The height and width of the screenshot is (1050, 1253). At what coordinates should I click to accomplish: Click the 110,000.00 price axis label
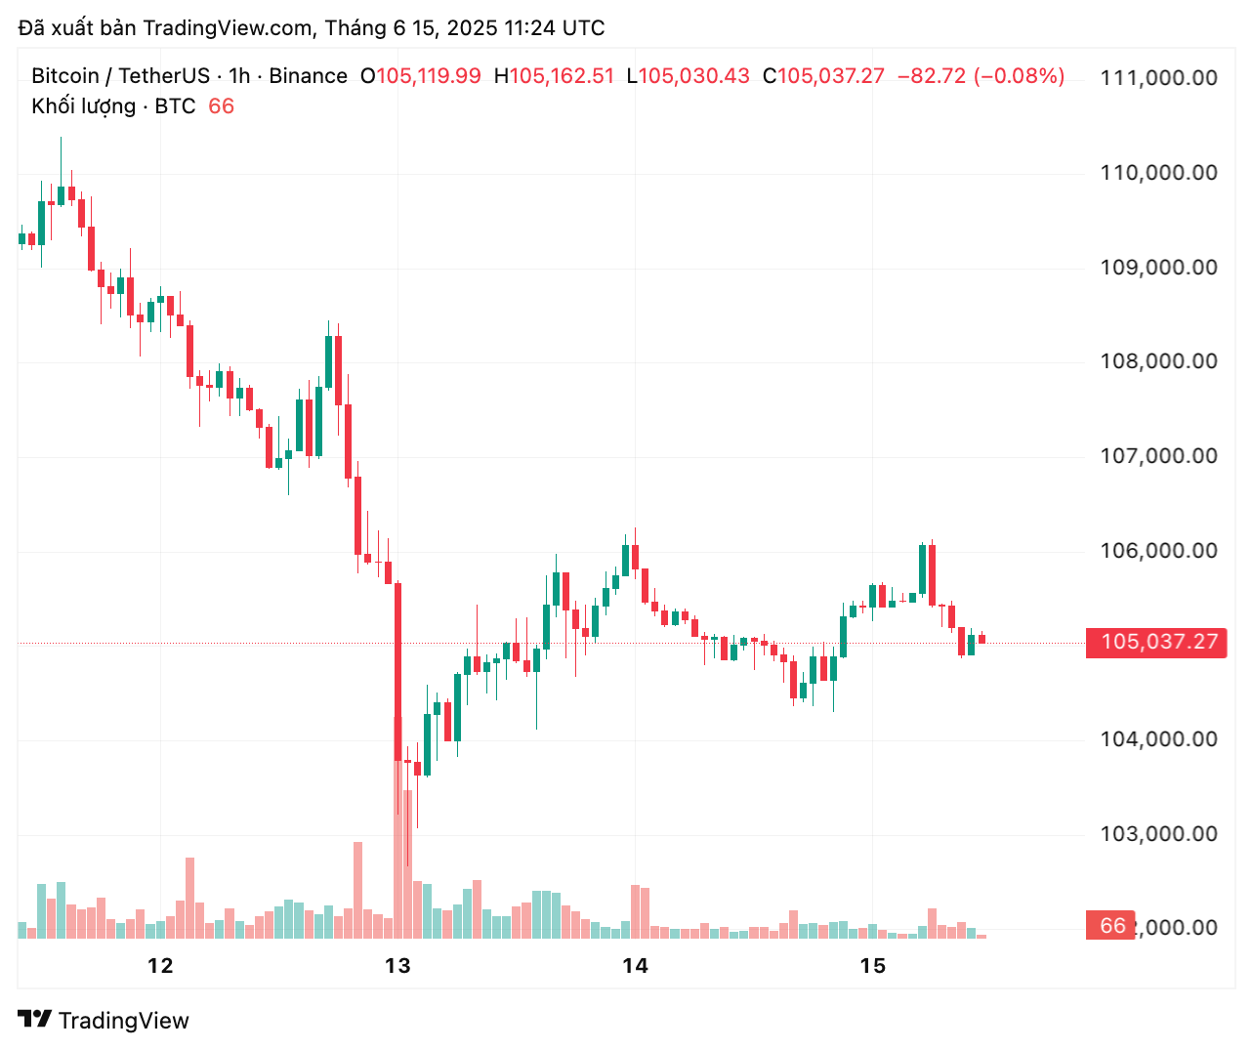1158,173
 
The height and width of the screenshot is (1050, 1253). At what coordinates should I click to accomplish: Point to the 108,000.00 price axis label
1158,361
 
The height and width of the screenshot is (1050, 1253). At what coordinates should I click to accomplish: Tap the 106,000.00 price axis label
1158,551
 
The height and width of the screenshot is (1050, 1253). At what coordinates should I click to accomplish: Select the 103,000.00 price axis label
1158,834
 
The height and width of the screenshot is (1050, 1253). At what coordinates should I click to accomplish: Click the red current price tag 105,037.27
1158,642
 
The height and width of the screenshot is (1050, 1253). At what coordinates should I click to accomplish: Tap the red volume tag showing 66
1111,926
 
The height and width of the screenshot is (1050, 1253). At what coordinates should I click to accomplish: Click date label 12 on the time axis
160,966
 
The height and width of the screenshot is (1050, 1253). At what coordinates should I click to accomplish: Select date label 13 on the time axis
397,966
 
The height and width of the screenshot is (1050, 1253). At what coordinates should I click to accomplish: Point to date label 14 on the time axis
635,966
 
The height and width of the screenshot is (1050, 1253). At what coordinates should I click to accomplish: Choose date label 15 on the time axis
872,966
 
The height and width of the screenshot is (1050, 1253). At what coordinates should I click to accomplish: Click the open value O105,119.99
421,76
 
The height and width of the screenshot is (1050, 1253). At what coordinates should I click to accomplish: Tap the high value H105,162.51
554,76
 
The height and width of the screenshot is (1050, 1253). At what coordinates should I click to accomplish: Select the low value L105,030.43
688,76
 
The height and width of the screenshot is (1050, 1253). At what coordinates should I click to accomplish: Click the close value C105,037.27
823,76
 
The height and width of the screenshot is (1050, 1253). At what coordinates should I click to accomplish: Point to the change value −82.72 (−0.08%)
981,76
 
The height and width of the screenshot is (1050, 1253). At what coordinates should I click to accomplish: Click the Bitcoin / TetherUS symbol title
120,76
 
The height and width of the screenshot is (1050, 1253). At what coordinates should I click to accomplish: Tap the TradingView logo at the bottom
104,1021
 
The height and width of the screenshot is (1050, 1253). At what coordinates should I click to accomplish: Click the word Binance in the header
308,76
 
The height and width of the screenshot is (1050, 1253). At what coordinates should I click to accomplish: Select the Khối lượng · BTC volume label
113,106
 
